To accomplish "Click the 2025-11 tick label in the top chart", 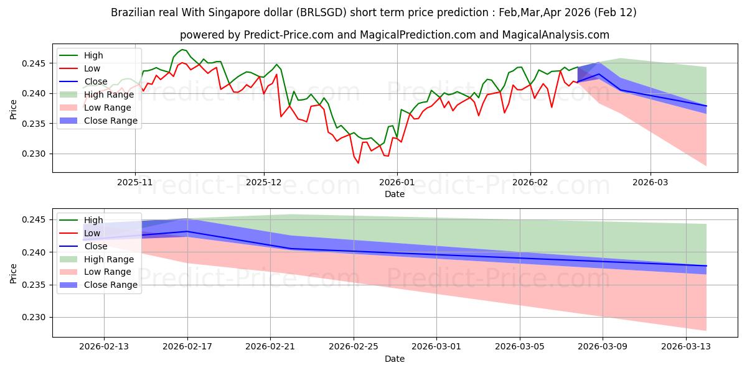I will pyautogui.click(x=135, y=183).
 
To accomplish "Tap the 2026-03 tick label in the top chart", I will pyautogui.click(x=651, y=183).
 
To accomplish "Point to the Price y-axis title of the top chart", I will pyautogui.click(x=14, y=109).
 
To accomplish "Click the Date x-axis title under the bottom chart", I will pyautogui.click(x=395, y=359).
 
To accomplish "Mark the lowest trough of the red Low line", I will pyautogui.click(x=358, y=163).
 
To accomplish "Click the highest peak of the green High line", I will pyautogui.click(x=182, y=49).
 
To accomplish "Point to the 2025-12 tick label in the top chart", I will pyautogui.click(x=264, y=183).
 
